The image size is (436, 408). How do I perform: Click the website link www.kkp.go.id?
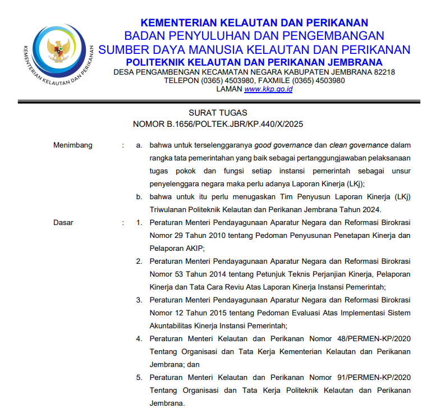268,89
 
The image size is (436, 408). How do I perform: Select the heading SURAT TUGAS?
218,113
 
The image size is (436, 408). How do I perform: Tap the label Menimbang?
72,145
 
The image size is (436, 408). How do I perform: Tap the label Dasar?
63,222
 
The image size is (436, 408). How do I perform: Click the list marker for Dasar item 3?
139,300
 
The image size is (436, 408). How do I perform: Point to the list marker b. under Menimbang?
139,196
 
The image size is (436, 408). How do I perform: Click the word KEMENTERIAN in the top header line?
180,23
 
